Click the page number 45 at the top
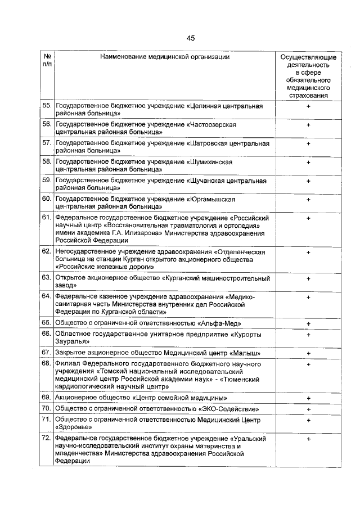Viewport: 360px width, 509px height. click(x=190, y=38)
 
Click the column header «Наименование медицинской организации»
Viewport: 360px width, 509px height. click(x=165, y=57)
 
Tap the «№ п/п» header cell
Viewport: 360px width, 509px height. click(x=47, y=61)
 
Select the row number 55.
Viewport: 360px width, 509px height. click(x=47, y=106)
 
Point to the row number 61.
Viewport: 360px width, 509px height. click(x=47, y=218)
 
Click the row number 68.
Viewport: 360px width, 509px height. click(x=47, y=364)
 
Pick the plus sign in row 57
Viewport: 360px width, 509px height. click(x=308, y=143)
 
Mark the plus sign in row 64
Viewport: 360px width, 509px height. click(x=308, y=296)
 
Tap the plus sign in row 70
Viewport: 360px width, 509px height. click(x=308, y=409)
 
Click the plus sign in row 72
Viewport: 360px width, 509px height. click(x=308, y=438)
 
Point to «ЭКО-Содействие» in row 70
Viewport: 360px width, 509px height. click(x=234, y=408)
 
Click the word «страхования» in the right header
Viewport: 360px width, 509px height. click(x=308, y=95)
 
